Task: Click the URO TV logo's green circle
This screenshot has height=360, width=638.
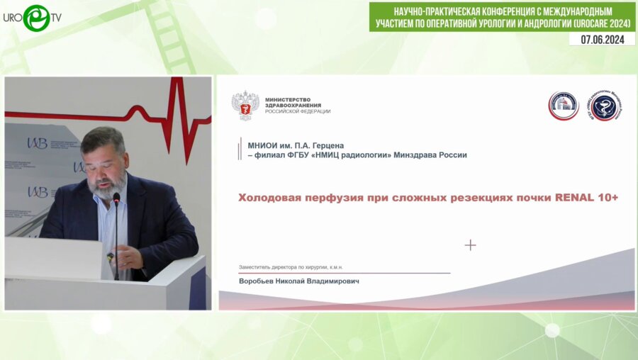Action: [x=35, y=18]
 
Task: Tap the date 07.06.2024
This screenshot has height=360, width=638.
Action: [x=602, y=39]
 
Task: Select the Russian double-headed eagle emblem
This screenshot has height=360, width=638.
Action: [x=245, y=106]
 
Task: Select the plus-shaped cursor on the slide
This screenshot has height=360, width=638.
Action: [x=470, y=245]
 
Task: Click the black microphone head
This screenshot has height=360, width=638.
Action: [x=116, y=199]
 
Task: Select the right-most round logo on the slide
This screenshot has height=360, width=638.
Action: [x=605, y=106]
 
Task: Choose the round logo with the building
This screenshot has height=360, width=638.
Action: [x=564, y=106]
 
